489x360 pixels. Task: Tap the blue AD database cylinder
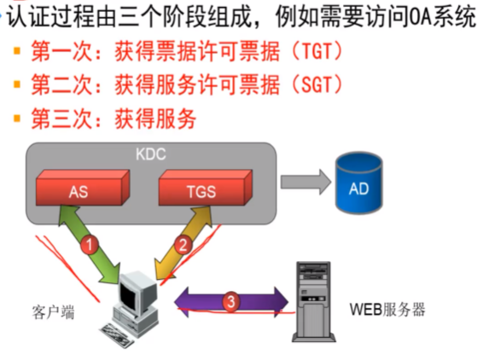point(360,184)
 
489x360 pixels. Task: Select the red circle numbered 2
point(183,244)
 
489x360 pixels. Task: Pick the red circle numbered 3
point(230,300)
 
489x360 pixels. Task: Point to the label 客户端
point(49,312)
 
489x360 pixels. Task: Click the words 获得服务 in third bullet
point(163,118)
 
